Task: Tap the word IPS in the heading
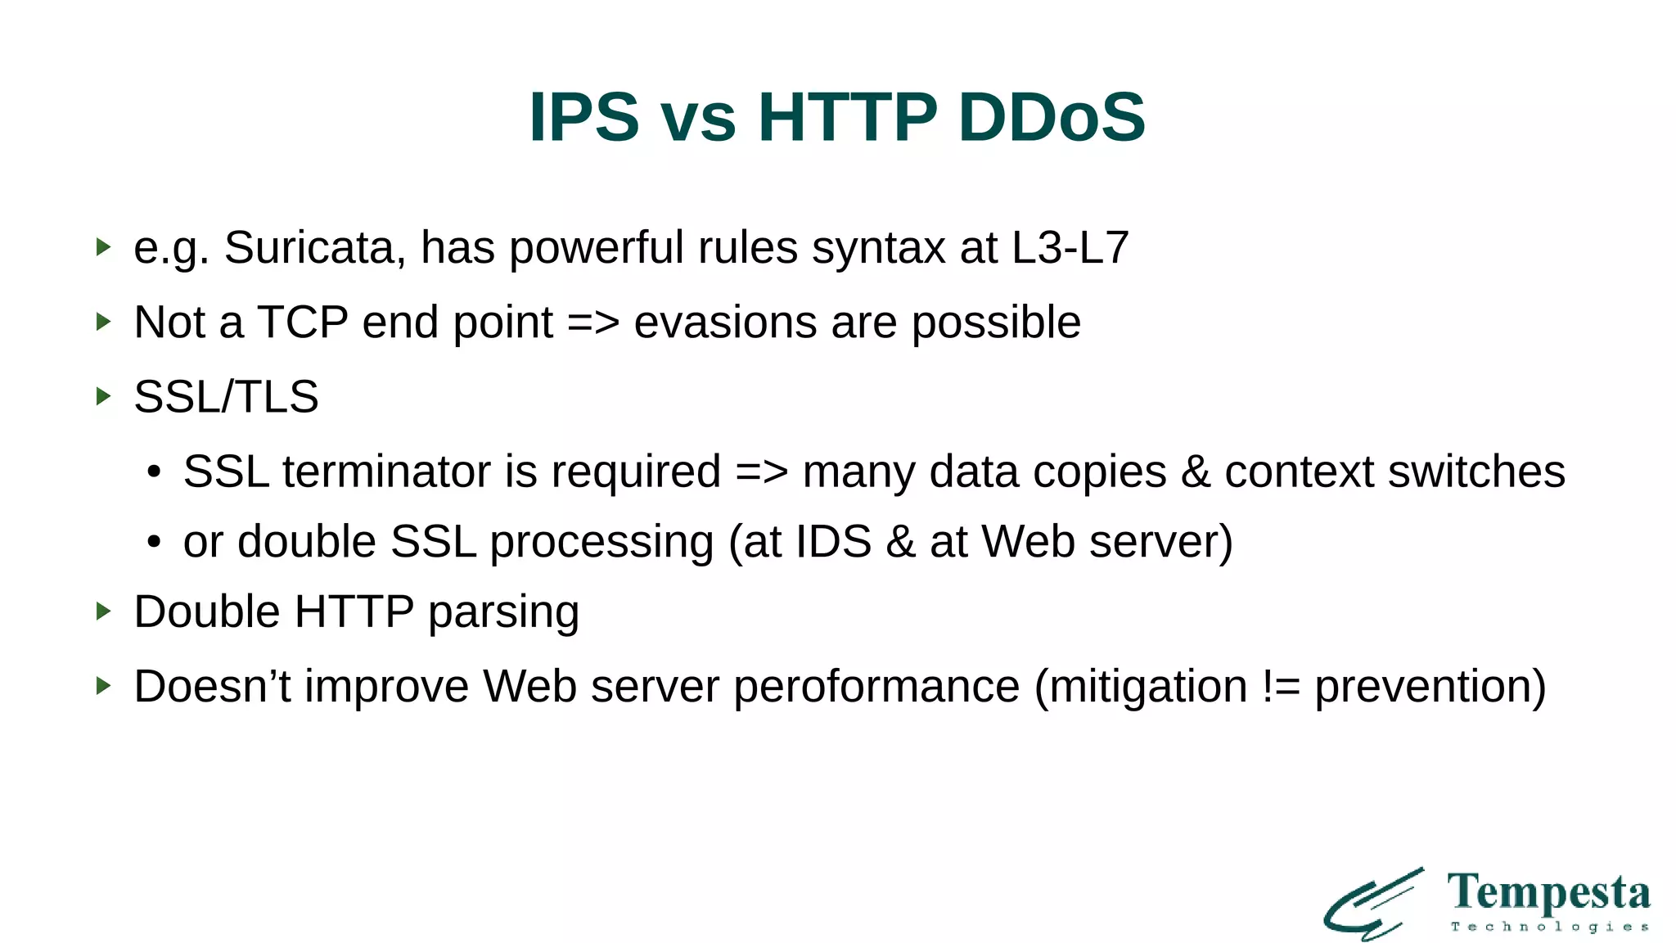click(x=583, y=118)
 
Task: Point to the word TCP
click(x=303, y=323)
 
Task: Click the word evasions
click(x=725, y=323)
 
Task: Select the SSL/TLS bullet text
click(x=226, y=397)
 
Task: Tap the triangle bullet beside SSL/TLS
click(x=103, y=397)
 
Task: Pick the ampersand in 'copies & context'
click(x=1195, y=472)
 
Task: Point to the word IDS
click(x=833, y=542)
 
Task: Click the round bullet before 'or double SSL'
click(x=154, y=543)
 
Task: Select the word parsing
click(x=503, y=612)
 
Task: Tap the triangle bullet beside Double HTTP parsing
click(x=103, y=611)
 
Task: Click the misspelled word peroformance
click(x=876, y=687)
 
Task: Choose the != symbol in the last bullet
click(x=1281, y=687)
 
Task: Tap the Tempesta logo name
click(x=1548, y=893)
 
